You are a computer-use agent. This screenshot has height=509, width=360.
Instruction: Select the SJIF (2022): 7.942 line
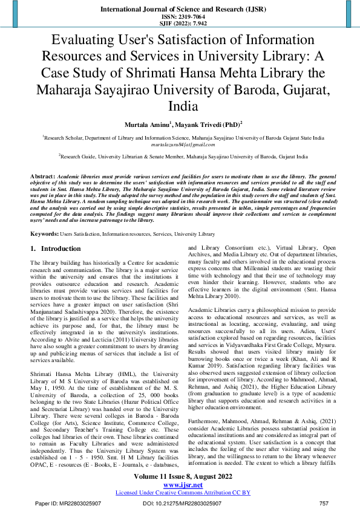tap(180, 24)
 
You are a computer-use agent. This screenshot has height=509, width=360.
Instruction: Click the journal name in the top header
tap(180, 10)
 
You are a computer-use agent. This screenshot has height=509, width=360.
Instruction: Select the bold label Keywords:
tap(44, 233)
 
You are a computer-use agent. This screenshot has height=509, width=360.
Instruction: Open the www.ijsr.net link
tap(180, 485)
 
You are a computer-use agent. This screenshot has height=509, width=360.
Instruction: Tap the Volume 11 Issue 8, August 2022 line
tap(180, 477)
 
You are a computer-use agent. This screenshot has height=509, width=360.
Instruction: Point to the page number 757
tap(324, 503)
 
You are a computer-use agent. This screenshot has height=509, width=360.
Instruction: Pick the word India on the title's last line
tap(180, 106)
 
